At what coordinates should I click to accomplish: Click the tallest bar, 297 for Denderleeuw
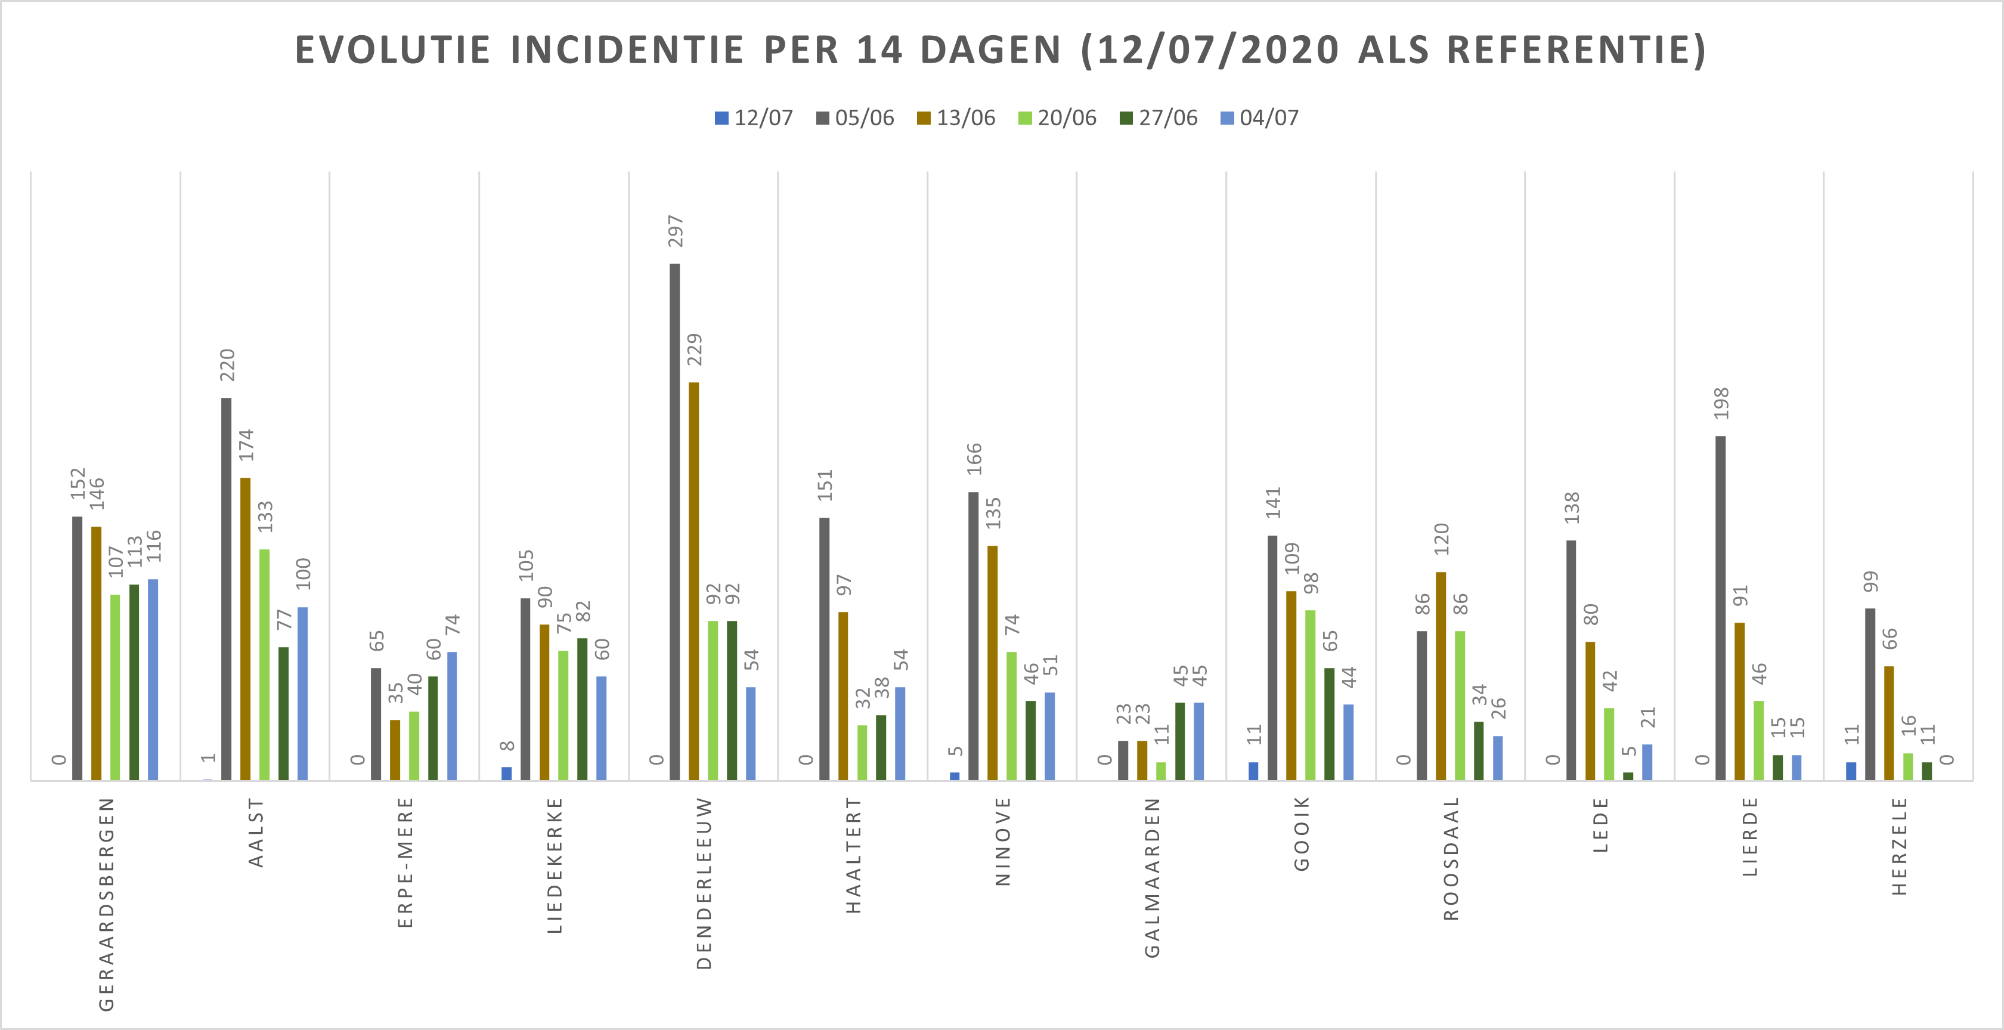pyautogui.click(x=674, y=521)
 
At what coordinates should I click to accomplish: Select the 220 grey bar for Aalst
pyautogui.click(x=227, y=589)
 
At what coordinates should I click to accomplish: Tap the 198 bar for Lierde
pyautogui.click(x=1720, y=608)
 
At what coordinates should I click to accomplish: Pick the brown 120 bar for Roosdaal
pyautogui.click(x=1441, y=676)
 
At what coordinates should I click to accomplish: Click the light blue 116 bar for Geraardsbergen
pyautogui.click(x=153, y=679)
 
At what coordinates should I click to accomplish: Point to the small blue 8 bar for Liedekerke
pyautogui.click(x=506, y=774)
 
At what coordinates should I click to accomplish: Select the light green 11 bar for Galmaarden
pyautogui.click(x=1161, y=771)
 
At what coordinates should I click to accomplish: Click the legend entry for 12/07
pyautogui.click(x=754, y=118)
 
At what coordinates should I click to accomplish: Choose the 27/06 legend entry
pyautogui.click(x=1159, y=118)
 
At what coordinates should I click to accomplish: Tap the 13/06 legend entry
pyautogui.click(x=956, y=118)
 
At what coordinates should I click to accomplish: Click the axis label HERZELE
pyautogui.click(x=1899, y=846)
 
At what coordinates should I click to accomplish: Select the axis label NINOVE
pyautogui.click(x=1003, y=841)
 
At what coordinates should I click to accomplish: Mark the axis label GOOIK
pyautogui.click(x=1302, y=833)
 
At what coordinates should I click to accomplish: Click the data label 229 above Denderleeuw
pyautogui.click(x=694, y=349)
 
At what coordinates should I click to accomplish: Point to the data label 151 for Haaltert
pyautogui.click(x=825, y=485)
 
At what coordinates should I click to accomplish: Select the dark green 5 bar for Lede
pyautogui.click(x=1628, y=775)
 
